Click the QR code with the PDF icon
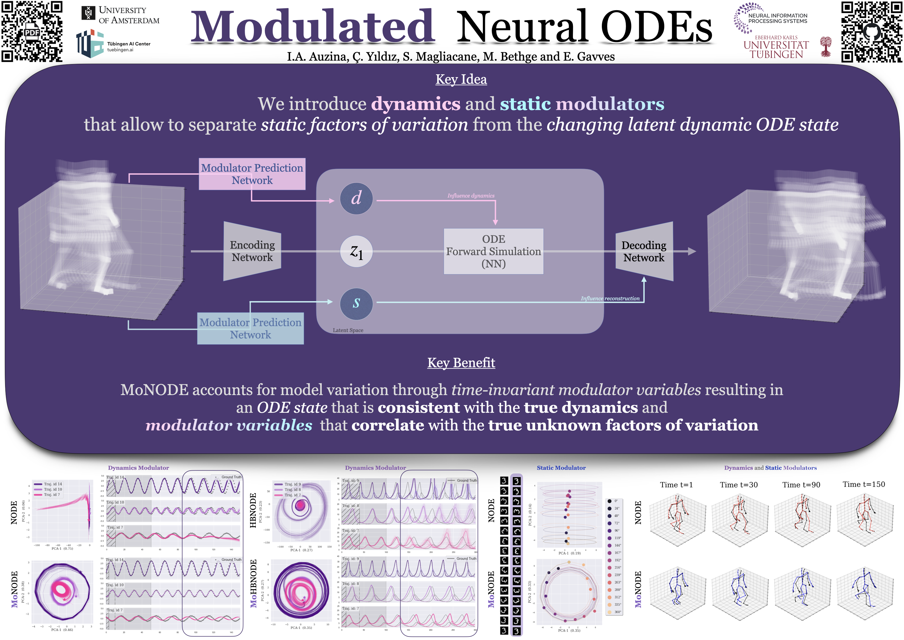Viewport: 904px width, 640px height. (32, 32)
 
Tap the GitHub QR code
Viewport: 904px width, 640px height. (871, 32)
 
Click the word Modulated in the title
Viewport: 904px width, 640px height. (312, 27)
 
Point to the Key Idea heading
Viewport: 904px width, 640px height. (461, 79)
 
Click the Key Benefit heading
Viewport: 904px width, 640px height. (461, 363)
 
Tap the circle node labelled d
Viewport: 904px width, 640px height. (356, 198)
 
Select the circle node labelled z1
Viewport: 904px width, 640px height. (356, 251)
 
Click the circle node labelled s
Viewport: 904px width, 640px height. (356, 303)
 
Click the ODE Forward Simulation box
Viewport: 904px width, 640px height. (493, 251)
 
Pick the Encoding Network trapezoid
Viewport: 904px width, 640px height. (252, 251)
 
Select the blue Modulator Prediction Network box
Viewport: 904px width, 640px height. (250, 328)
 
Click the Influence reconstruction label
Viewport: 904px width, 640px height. (610, 298)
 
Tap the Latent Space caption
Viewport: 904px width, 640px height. (348, 330)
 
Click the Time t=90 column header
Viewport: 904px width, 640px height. (801, 485)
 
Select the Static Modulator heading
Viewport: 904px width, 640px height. (561, 468)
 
